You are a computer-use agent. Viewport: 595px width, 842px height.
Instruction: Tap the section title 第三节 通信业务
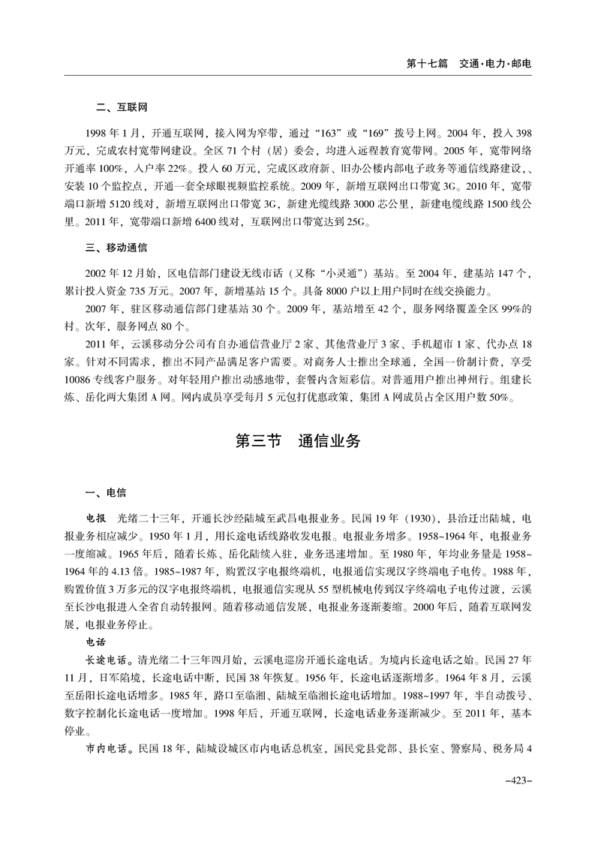(x=298, y=441)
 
